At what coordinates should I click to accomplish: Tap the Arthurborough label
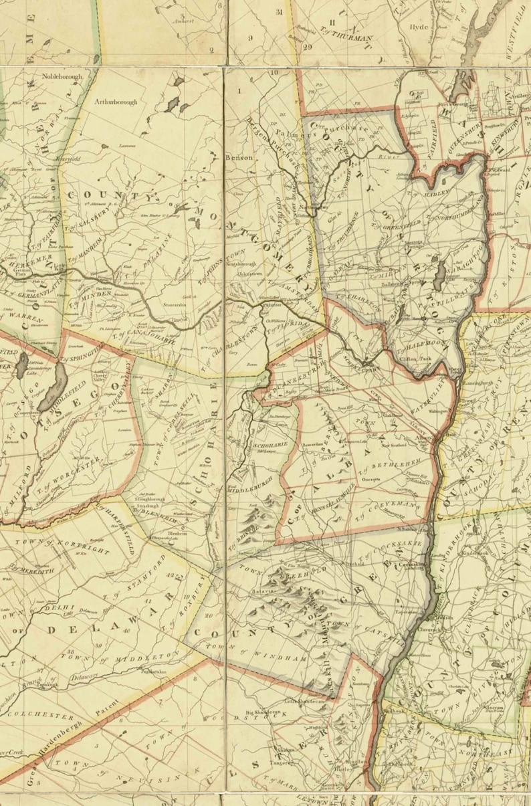pos(116,102)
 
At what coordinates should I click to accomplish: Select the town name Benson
pos(241,158)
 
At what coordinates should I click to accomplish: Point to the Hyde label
pos(418,27)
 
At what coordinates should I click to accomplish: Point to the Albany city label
pos(424,436)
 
